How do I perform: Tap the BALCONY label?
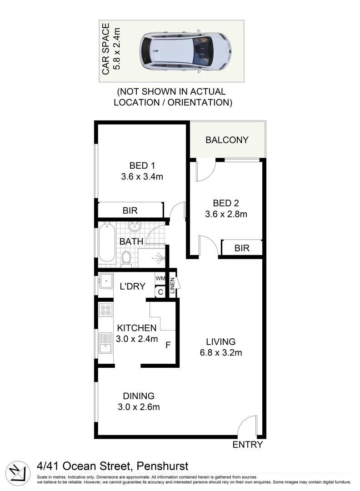point(227,140)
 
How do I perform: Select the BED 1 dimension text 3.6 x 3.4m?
point(142,177)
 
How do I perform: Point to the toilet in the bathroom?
point(127,258)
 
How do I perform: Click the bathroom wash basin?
point(135,226)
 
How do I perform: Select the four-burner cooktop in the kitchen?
point(105,310)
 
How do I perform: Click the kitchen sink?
point(105,343)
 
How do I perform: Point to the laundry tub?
point(106,282)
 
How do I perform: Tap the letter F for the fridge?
point(168,345)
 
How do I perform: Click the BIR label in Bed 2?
point(242,248)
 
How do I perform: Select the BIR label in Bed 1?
point(130,210)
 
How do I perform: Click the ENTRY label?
point(247,445)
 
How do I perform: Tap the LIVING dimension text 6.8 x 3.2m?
point(220,352)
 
